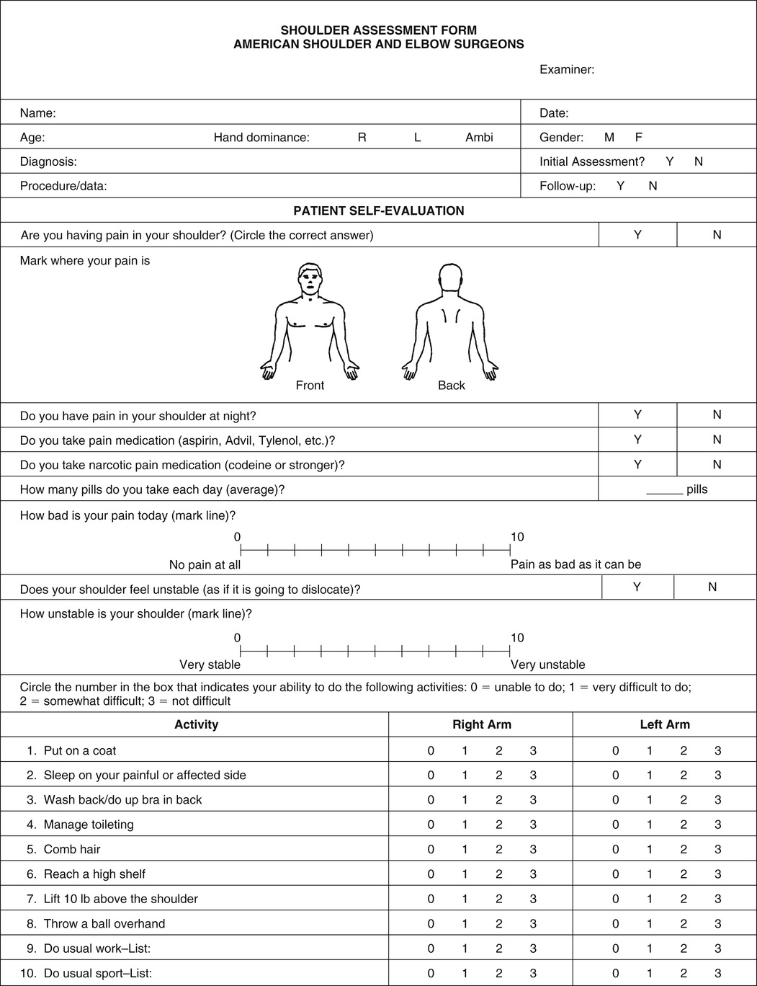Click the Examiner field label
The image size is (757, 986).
pyautogui.click(x=567, y=70)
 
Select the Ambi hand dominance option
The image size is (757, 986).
pyautogui.click(x=479, y=137)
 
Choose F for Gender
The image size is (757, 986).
pyautogui.click(x=638, y=137)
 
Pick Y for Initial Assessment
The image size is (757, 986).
pyautogui.click(x=669, y=161)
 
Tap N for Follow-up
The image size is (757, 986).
pyautogui.click(x=653, y=186)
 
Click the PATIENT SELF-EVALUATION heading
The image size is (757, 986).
pyautogui.click(x=379, y=210)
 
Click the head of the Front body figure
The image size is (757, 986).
pyautogui.click(x=310, y=280)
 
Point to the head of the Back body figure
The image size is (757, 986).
pyautogui.click(x=451, y=278)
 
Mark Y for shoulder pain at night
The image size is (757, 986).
pyautogui.click(x=637, y=414)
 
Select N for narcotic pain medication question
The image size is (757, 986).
pyautogui.click(x=717, y=464)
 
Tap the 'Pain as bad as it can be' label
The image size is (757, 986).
pyautogui.click(x=575, y=564)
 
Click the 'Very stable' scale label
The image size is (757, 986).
pyautogui.click(x=210, y=665)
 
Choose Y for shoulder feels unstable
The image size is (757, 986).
pyautogui.click(x=637, y=587)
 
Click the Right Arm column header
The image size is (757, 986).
pyautogui.click(x=482, y=724)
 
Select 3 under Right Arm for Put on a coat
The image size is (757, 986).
pyautogui.click(x=533, y=750)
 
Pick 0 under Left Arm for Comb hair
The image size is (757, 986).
pyautogui.click(x=616, y=849)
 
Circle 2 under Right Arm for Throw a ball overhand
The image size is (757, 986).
pyautogui.click(x=499, y=923)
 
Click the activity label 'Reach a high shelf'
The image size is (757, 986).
pyautogui.click(x=94, y=874)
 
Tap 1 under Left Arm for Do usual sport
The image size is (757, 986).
pyautogui.click(x=650, y=973)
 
